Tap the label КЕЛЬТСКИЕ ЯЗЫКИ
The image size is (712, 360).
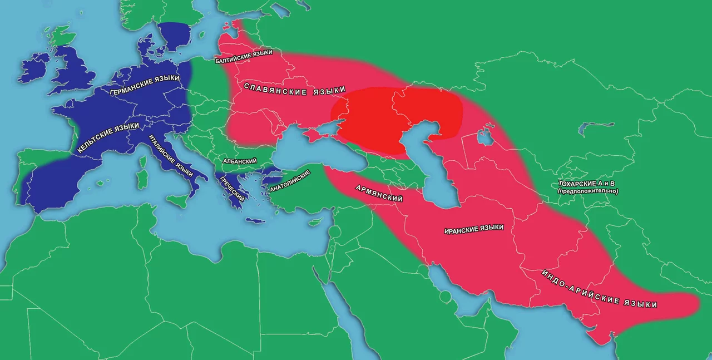point(108,138)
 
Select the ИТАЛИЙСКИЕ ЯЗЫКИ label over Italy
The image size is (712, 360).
point(171,157)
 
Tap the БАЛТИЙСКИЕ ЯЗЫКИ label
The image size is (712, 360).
point(244,57)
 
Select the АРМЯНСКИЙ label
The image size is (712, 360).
point(379,193)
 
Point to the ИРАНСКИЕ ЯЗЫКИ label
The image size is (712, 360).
point(474,229)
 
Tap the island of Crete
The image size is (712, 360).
point(258,222)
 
